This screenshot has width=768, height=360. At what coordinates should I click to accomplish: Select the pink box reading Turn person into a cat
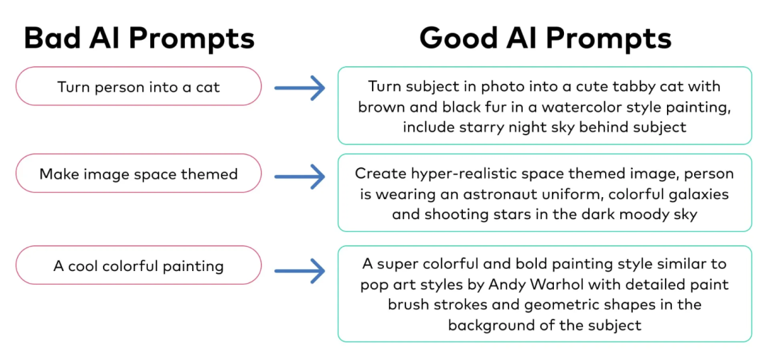click(139, 87)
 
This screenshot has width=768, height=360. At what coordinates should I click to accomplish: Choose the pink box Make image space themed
click(139, 174)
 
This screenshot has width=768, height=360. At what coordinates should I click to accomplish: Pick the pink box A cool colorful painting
click(139, 266)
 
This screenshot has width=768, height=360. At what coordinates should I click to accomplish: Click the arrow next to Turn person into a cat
click(299, 88)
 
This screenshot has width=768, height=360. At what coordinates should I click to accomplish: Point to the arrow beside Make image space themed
click(299, 175)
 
